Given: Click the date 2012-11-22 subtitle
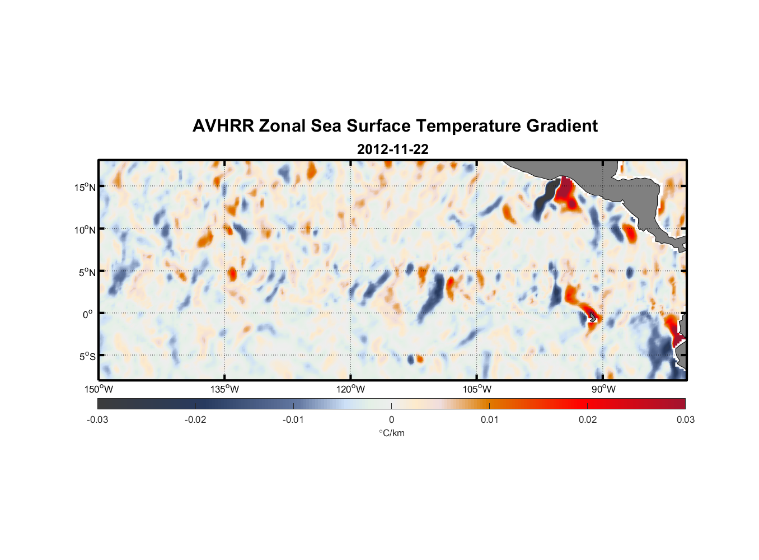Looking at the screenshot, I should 392,150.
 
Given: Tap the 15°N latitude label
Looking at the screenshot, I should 85,187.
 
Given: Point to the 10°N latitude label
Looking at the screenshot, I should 85,230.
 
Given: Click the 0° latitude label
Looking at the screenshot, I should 88,314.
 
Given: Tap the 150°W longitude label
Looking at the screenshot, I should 99,389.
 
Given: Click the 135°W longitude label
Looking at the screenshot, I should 224,389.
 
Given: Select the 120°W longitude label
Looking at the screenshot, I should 350,389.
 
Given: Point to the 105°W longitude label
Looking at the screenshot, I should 477,389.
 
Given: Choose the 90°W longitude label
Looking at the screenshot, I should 603,389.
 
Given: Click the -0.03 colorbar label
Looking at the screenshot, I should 97,419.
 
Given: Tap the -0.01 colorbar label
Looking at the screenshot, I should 293,419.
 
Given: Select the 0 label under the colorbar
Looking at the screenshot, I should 391,419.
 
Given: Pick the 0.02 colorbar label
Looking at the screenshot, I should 587,419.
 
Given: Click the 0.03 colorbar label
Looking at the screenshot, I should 685,419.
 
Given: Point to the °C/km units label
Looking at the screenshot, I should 392,433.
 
